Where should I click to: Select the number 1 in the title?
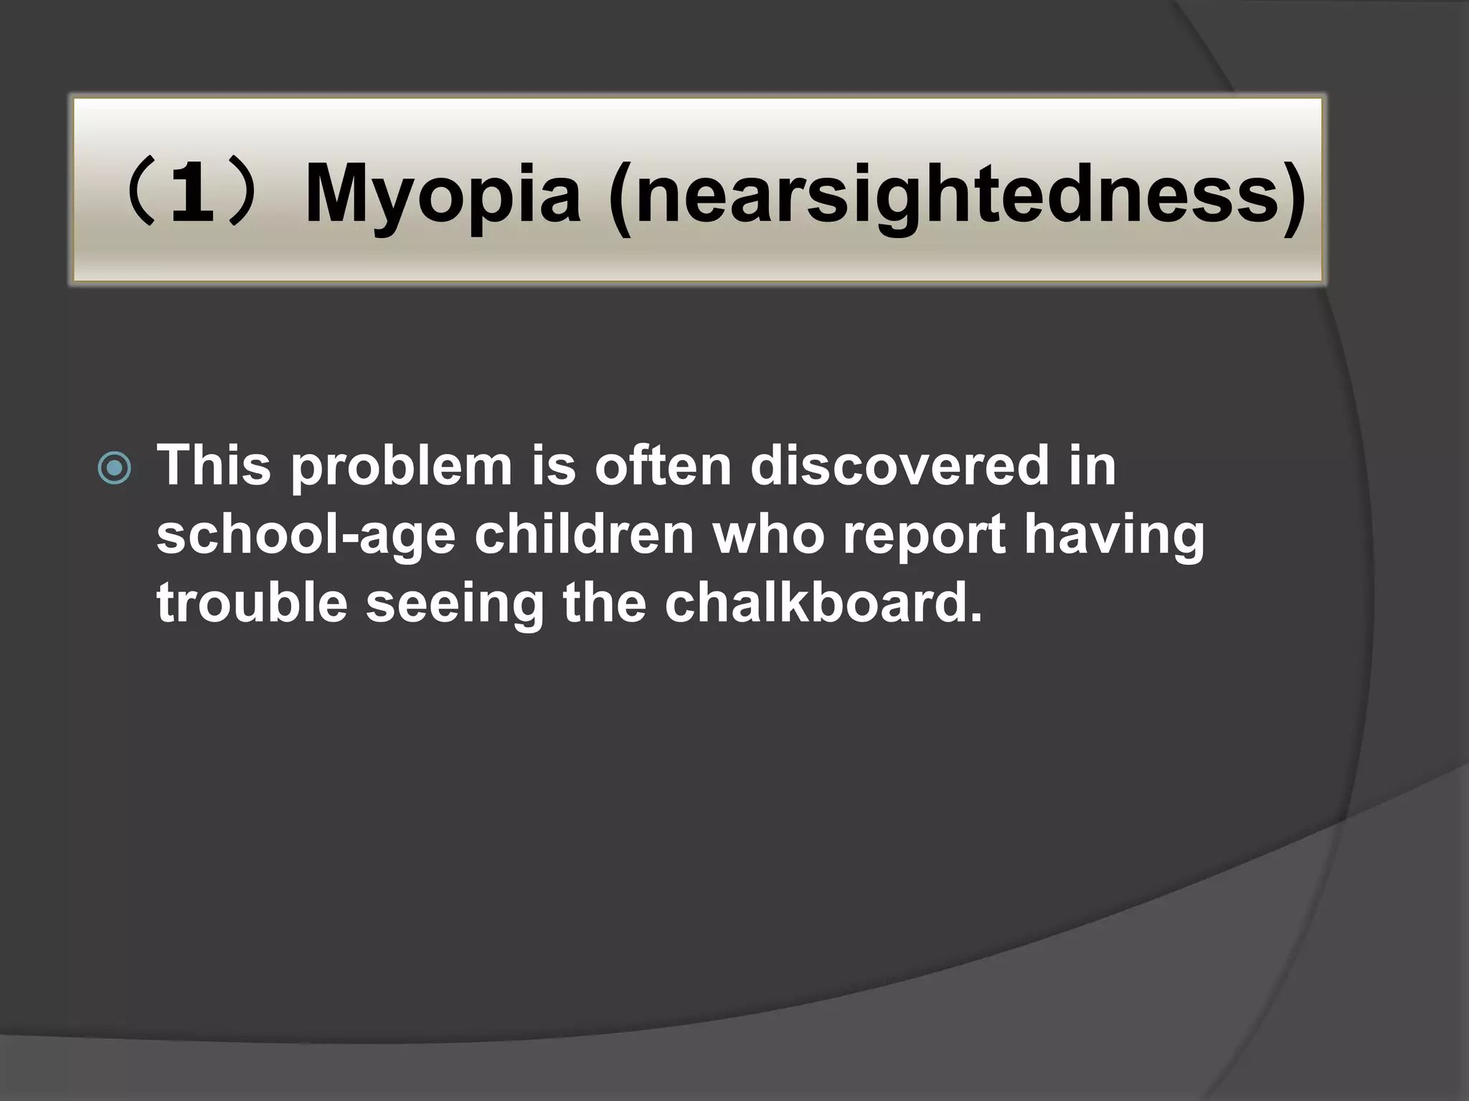(x=194, y=192)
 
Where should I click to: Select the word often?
(x=664, y=466)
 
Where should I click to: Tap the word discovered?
(x=897, y=466)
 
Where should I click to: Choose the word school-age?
(x=306, y=536)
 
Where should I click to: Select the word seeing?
(x=455, y=606)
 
